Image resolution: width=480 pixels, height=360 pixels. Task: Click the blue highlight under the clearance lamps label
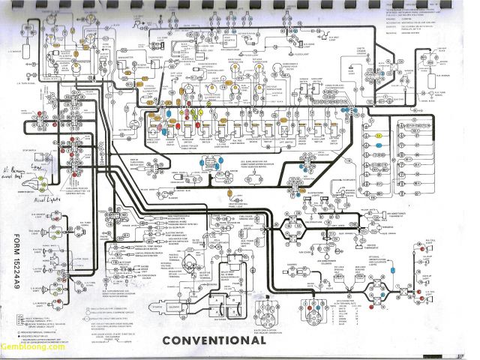379,142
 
